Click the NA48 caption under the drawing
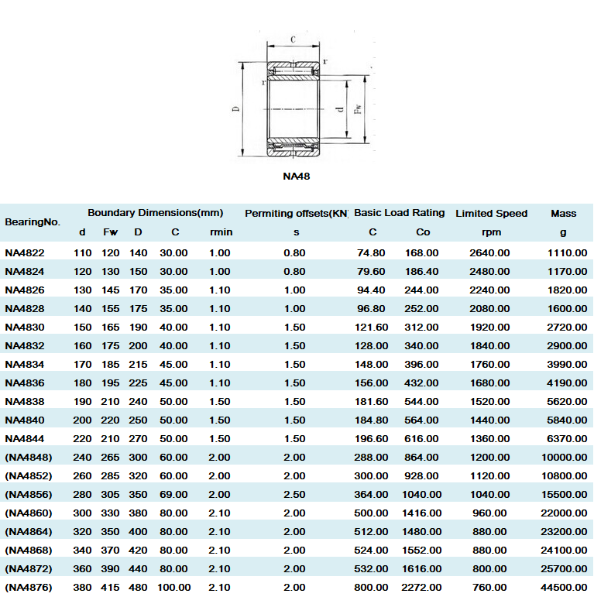(x=297, y=176)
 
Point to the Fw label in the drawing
(x=357, y=110)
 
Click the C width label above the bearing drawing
(x=293, y=39)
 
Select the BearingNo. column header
(x=32, y=222)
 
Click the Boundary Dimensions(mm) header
(x=155, y=212)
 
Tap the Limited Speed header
(x=491, y=213)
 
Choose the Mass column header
(x=563, y=213)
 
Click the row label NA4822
(x=25, y=252)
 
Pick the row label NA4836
(x=25, y=383)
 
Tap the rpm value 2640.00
(x=490, y=252)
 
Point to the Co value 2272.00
(x=421, y=587)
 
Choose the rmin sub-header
(x=221, y=232)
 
